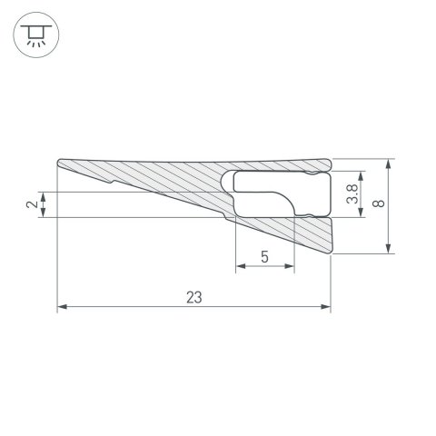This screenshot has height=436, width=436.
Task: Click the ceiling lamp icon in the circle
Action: pyautogui.click(x=35, y=35)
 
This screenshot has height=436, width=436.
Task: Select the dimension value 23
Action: pyautogui.click(x=193, y=297)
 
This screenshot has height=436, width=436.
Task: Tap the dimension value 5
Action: pyautogui.click(x=264, y=257)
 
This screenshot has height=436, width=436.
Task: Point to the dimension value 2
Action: pyautogui.click(x=33, y=204)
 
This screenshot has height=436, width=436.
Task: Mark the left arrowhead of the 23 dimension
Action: pyautogui.click(x=61, y=308)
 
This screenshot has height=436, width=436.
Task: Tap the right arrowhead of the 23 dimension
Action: pyautogui.click(x=327, y=308)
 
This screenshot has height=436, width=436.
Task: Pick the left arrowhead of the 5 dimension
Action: pyautogui.click(x=239, y=268)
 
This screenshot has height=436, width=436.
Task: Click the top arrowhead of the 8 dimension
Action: pyautogui.click(x=388, y=163)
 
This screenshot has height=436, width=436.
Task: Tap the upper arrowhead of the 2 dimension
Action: pyautogui.click(x=43, y=195)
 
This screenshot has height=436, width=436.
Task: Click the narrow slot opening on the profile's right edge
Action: pyautogui.click(x=328, y=216)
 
